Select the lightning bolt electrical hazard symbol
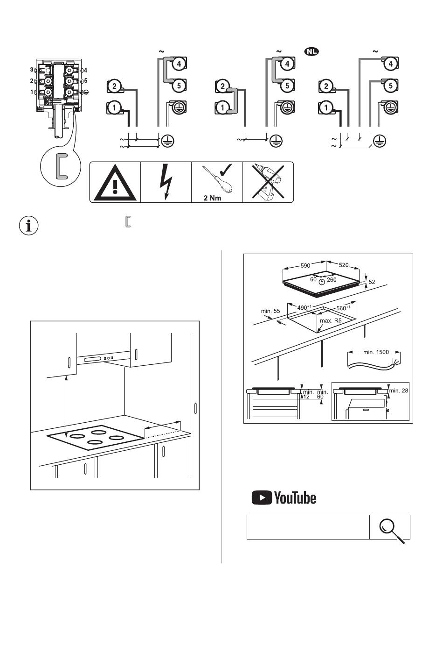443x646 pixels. tap(166, 182)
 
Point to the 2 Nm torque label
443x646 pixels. tap(213, 198)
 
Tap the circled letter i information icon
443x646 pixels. tap(29, 226)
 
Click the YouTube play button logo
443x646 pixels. tap(262, 497)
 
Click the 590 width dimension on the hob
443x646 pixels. tap(305, 265)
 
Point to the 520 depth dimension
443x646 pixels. tap(343, 265)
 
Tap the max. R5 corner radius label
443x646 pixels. tap(331, 321)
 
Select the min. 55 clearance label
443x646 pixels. tap(270, 311)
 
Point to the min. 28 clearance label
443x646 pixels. tap(399, 390)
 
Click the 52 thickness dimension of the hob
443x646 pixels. tap(372, 282)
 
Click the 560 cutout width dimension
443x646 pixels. tap(344, 308)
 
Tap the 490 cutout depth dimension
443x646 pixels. tap(304, 307)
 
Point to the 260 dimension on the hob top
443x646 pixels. tap(332, 280)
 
